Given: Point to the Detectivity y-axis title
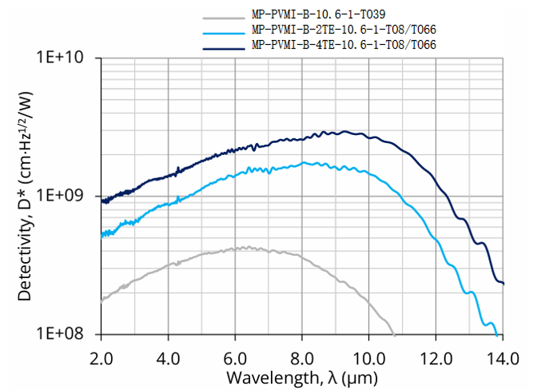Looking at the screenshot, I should pyautogui.click(x=26, y=197).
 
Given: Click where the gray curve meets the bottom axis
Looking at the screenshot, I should pyautogui.click(x=394, y=333).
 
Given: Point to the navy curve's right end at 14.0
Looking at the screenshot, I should pyautogui.click(x=502, y=282).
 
